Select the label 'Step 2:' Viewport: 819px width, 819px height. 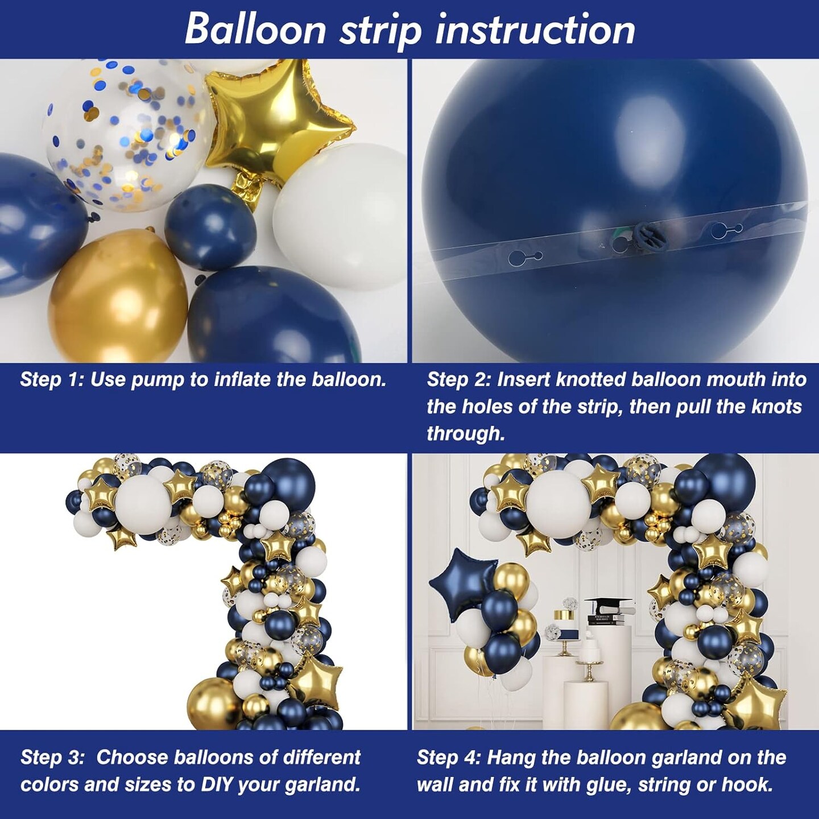458,379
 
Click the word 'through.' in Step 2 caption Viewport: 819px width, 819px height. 465,433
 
